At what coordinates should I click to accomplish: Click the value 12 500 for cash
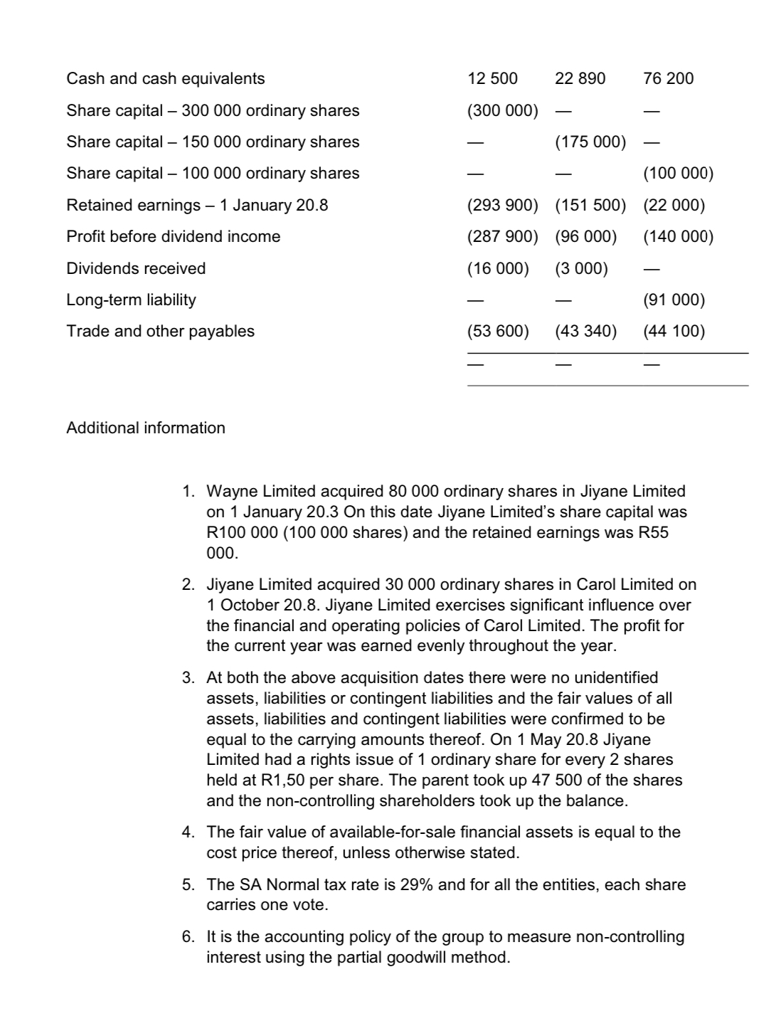[x=492, y=78]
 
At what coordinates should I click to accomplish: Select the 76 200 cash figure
[x=668, y=78]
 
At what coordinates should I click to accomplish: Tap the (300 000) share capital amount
[x=502, y=110]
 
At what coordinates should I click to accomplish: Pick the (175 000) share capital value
[x=590, y=142]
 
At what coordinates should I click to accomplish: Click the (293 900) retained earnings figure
[x=502, y=205]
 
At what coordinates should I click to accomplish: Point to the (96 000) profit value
[x=585, y=236]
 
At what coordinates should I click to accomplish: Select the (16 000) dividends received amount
[x=498, y=268]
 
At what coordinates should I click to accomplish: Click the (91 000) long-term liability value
[x=674, y=300]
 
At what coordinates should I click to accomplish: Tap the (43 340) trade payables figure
[x=585, y=331]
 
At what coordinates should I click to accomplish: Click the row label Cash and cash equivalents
[x=165, y=78]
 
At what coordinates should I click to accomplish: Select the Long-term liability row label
[x=131, y=300]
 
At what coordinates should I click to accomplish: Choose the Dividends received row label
[x=136, y=268]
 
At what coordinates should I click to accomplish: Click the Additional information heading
[x=146, y=428]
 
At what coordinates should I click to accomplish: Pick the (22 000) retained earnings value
[x=674, y=205]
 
